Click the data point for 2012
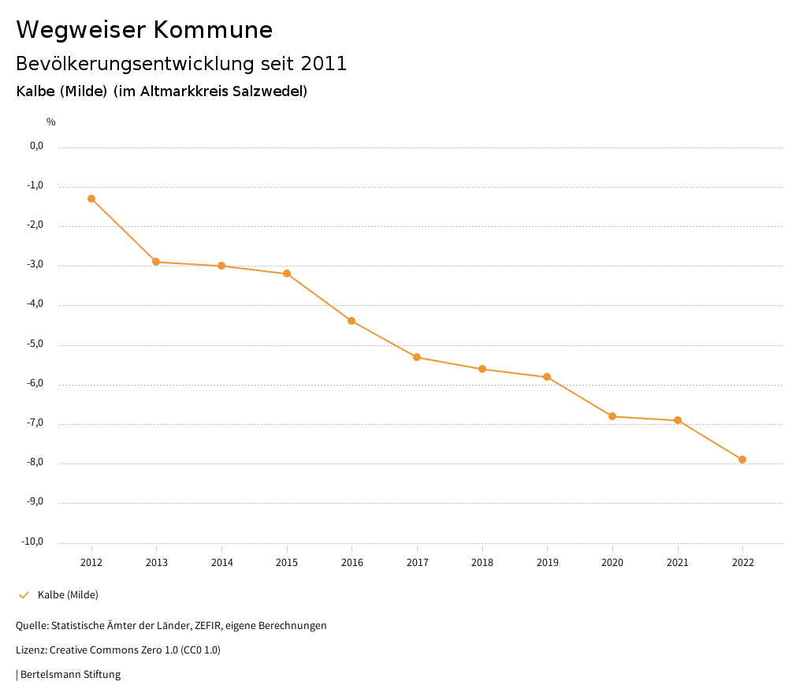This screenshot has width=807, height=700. click(x=91, y=199)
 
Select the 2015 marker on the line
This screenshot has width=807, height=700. click(x=287, y=274)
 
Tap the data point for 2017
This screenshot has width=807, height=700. click(x=417, y=357)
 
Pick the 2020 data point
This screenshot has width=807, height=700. click(x=612, y=416)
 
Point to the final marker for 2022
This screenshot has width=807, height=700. click(x=742, y=460)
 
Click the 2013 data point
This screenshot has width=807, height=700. click(x=156, y=262)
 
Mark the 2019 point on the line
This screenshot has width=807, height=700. click(x=547, y=377)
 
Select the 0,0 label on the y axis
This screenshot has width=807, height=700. click(x=36, y=146)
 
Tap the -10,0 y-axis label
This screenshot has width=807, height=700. click(x=32, y=542)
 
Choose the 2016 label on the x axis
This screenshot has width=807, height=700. click(x=352, y=563)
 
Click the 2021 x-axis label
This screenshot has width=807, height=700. click(x=678, y=563)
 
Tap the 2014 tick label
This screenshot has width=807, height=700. click(x=221, y=563)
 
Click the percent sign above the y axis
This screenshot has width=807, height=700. click(x=50, y=122)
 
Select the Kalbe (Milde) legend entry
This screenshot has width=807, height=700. click(x=68, y=595)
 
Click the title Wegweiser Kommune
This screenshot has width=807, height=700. click(x=144, y=30)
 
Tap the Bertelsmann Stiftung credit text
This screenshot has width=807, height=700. click(x=70, y=675)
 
